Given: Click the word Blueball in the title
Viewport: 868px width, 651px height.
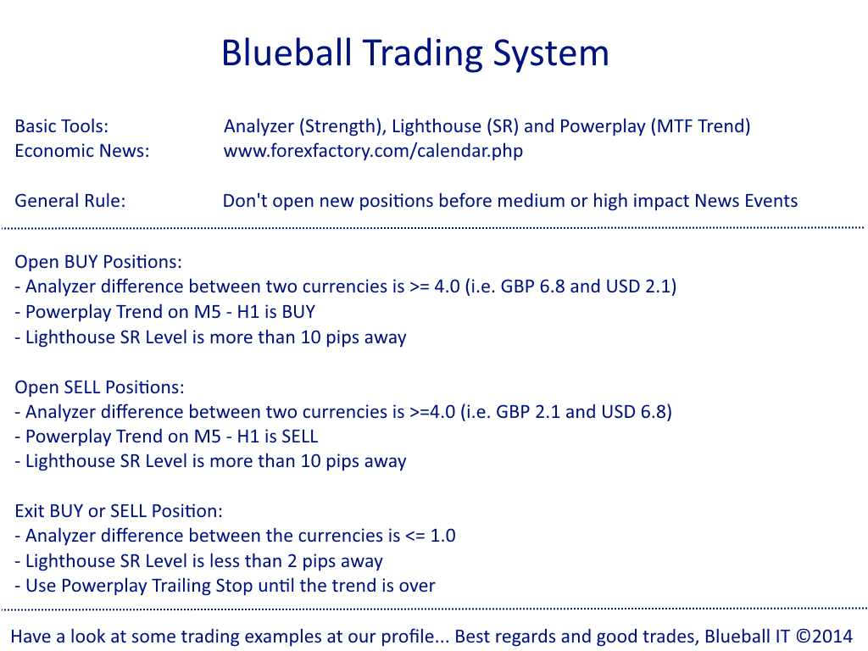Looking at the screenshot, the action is click(287, 53).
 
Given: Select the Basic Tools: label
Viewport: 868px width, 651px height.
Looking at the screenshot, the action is click(61, 126).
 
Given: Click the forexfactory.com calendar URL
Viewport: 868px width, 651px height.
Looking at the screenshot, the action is click(373, 151).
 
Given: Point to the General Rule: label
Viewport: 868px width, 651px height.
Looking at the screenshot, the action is click(70, 200).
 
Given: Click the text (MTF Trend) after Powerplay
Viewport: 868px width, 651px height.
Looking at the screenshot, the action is click(700, 126).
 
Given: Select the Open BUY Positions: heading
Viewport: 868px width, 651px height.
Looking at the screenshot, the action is click(98, 262).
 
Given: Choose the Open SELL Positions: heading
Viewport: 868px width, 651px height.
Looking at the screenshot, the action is click(99, 387).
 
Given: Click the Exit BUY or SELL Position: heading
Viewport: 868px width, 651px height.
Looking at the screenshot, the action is click(119, 511).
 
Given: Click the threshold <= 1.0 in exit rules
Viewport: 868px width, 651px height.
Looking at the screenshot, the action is click(431, 536).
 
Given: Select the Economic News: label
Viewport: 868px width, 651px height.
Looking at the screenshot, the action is click(82, 151).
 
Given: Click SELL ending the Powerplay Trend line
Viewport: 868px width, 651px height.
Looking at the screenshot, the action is click(299, 437).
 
